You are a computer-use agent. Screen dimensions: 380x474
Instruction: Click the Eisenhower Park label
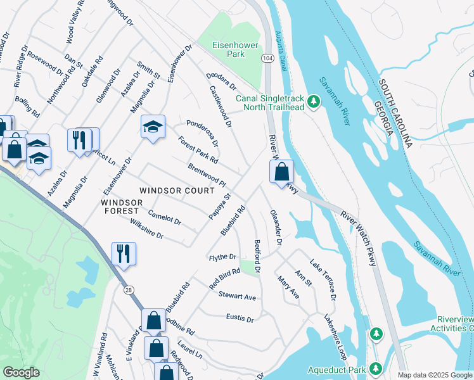pyautogui.click(x=227, y=49)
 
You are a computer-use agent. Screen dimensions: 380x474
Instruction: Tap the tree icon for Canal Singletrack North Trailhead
pyautogui.click(x=312, y=101)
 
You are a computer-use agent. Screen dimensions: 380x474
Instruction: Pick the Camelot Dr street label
pyautogui.click(x=165, y=217)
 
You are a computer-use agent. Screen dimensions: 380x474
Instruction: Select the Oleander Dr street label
pyautogui.click(x=276, y=227)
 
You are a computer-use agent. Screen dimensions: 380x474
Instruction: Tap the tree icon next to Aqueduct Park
pyautogui.click(x=376, y=368)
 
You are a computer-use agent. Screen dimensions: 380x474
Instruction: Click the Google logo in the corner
pyautogui.click(x=21, y=372)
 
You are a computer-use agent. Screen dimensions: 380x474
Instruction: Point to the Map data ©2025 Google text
pyautogui.click(x=435, y=375)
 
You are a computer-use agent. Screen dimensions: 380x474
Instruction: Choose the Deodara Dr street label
pyautogui.click(x=221, y=80)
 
